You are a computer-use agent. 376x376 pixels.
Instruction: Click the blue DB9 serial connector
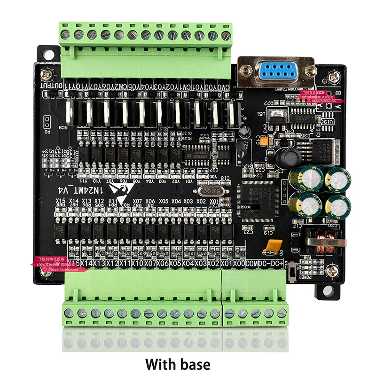(x=276, y=72)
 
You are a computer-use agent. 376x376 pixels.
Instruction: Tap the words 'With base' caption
(x=178, y=364)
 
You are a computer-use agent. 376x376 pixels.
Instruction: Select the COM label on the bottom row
(x=252, y=264)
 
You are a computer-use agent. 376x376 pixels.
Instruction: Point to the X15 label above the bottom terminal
(x=60, y=201)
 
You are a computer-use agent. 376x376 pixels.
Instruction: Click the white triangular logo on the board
(x=117, y=188)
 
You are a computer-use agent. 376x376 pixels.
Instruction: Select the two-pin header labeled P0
(x=47, y=123)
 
